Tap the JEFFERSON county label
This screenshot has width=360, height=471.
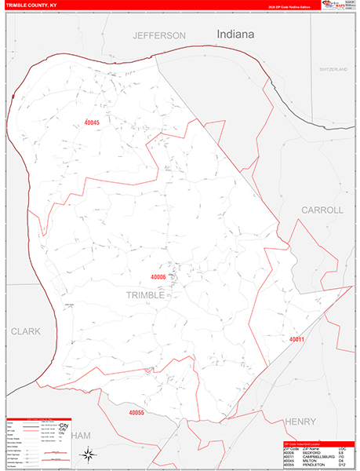159,36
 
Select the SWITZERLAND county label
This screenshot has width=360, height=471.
333,70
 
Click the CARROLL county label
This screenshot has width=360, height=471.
322,210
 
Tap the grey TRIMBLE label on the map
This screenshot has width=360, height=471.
145,295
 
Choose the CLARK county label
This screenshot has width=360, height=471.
25,332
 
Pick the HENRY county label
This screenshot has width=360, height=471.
300,422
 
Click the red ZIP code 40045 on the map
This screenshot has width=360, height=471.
92,122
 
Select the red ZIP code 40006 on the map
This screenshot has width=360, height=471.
158,277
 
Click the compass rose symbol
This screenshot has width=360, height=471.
89,453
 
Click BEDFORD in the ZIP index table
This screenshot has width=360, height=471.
312,452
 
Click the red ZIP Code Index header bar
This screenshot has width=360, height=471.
317,444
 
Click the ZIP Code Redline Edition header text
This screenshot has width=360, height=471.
288,7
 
